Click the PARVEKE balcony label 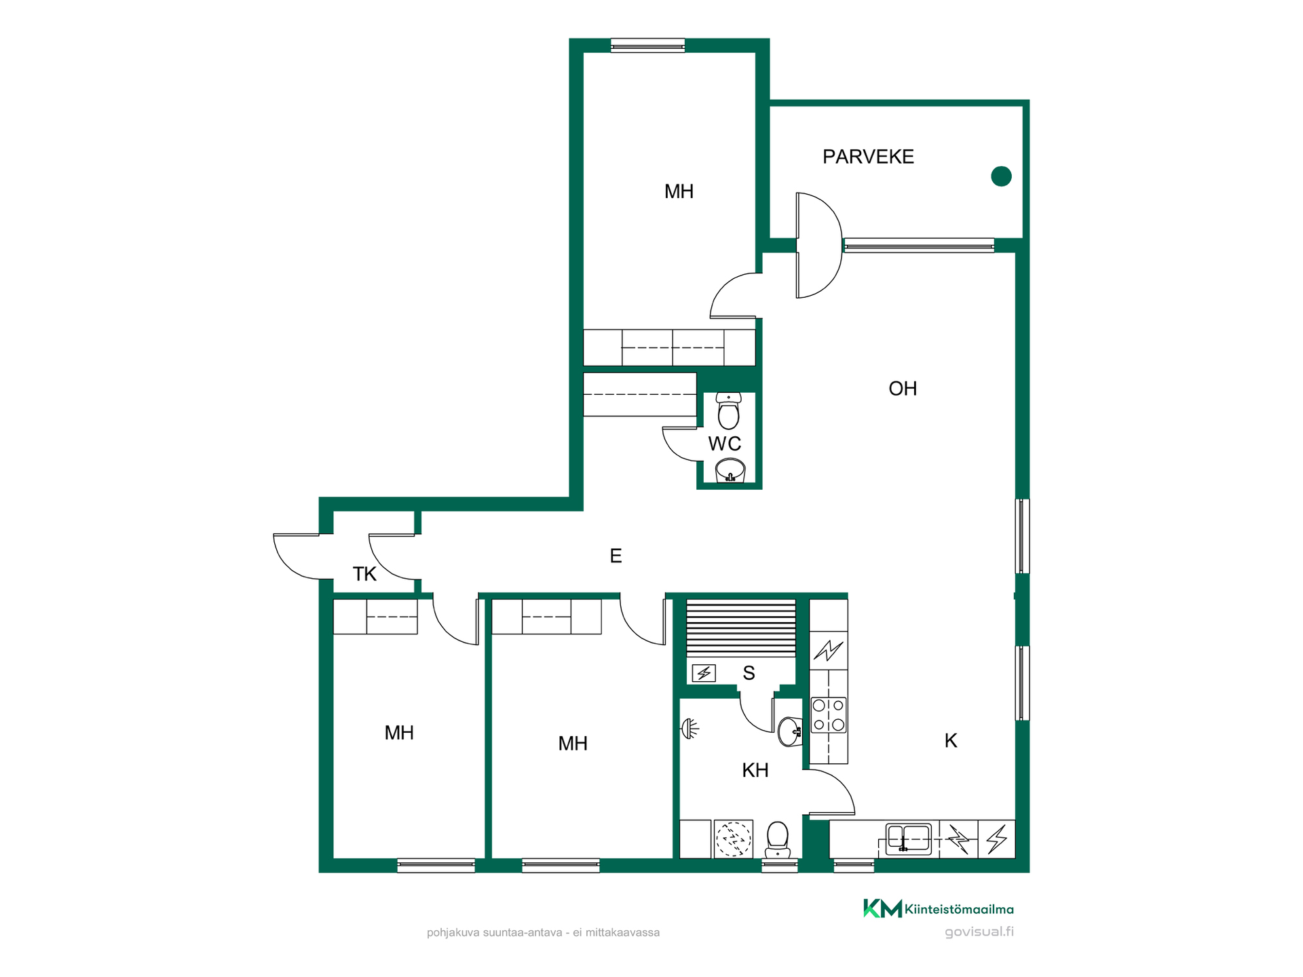pyautogui.click(x=868, y=157)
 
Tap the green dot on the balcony pyautogui.click(x=1001, y=176)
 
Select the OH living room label pyautogui.click(x=903, y=389)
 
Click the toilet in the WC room pyautogui.click(x=728, y=411)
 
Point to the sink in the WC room pyautogui.click(x=730, y=470)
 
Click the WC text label pyautogui.click(x=725, y=444)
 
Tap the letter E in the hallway pyautogui.click(x=616, y=556)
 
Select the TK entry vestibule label pyautogui.click(x=364, y=574)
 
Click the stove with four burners pyautogui.click(x=829, y=715)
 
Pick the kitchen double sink pyautogui.click(x=909, y=839)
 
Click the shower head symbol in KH pyautogui.click(x=690, y=729)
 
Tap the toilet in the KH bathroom pyautogui.click(x=778, y=840)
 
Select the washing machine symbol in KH pyautogui.click(x=734, y=839)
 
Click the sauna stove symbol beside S pyautogui.click(x=704, y=673)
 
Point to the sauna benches pyautogui.click(x=741, y=628)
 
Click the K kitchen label pyautogui.click(x=951, y=741)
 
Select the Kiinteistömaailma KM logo pyautogui.click(x=938, y=908)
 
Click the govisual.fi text pyautogui.click(x=979, y=932)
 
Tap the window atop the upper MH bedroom pyautogui.click(x=647, y=45)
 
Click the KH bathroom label pyautogui.click(x=755, y=771)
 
